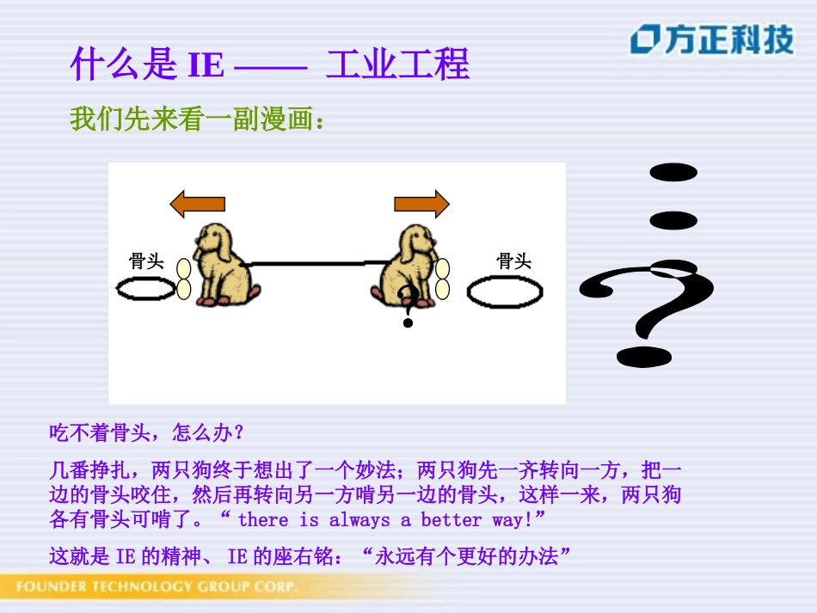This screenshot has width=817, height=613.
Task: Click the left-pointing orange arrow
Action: (x=197, y=204)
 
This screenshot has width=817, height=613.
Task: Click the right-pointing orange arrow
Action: (x=421, y=204)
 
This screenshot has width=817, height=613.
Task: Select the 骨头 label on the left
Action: (x=146, y=261)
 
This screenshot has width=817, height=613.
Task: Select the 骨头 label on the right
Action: (x=514, y=261)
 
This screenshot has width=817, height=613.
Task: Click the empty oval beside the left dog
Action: (x=145, y=290)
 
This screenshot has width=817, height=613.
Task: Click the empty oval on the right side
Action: (x=505, y=292)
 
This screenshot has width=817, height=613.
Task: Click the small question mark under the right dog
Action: (x=408, y=308)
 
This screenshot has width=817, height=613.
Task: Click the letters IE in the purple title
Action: (x=206, y=66)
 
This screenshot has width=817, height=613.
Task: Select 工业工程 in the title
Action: (x=397, y=65)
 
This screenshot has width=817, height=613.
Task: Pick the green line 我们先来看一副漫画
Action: (x=198, y=119)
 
